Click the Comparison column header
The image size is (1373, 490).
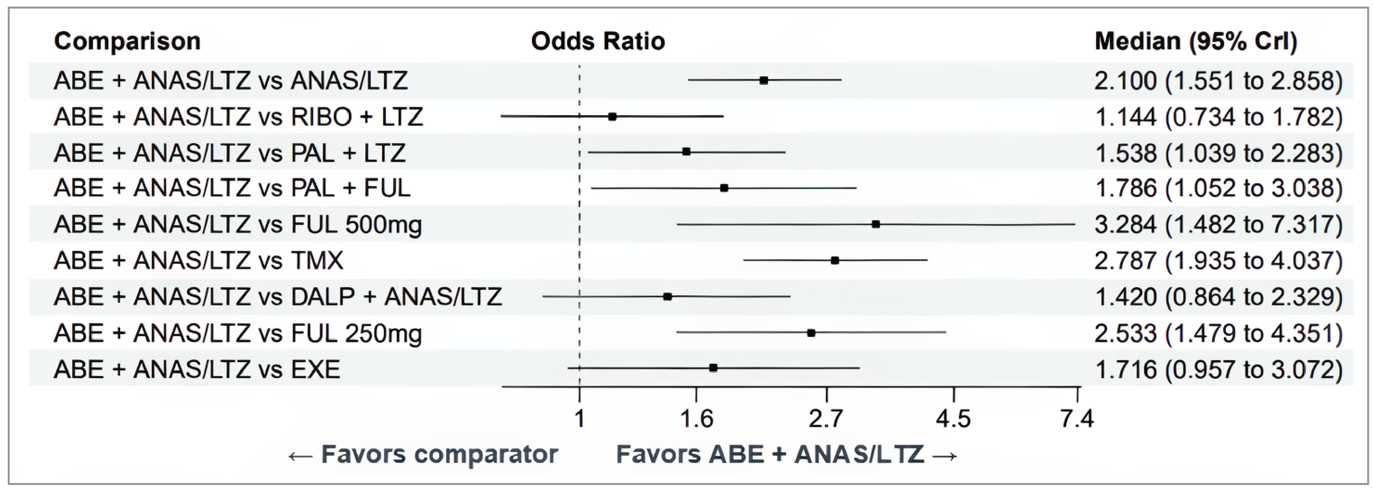coord(128,41)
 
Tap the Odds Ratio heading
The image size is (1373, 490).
coord(597,41)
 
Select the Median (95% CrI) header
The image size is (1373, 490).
coord(1196,41)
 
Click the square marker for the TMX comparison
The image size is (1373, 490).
coord(835,261)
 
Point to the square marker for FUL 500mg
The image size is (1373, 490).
coord(876,224)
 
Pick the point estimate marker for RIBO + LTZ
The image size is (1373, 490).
coord(612,117)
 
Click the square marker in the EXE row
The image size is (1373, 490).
coord(713,368)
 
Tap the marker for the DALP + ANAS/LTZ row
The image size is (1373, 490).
coord(667,297)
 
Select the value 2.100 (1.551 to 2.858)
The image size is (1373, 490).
coord(1219,81)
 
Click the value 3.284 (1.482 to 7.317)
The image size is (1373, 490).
coord(1219,224)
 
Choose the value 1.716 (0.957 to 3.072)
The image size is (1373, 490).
coord(1219,369)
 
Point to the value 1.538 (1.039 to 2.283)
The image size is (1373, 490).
coord(1219,153)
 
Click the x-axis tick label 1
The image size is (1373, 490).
coord(580,419)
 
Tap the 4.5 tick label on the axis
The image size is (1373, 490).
coord(953,419)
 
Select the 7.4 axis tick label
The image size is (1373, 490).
coord(1077,419)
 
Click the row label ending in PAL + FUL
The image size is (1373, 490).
coord(232,188)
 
